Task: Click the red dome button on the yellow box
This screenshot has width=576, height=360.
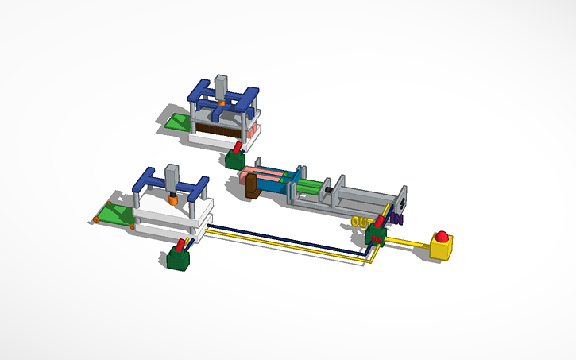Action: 442,235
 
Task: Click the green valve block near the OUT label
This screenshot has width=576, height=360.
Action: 374,235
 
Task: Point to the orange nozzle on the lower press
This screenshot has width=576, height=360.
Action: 172,199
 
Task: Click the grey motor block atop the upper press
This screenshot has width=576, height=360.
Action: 222,86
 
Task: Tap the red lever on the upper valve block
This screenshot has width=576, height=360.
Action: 238,148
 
